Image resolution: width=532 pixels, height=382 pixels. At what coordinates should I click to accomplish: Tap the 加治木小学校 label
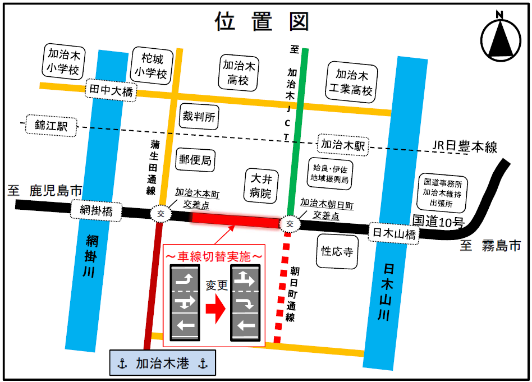(x=63, y=62)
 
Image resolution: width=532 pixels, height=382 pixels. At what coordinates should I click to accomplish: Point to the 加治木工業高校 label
(x=352, y=82)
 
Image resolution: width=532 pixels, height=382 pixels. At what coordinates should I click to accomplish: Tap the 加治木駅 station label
(x=343, y=145)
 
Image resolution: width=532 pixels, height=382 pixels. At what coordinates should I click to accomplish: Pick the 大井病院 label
(x=261, y=186)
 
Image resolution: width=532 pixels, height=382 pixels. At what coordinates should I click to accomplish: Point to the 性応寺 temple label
(x=337, y=251)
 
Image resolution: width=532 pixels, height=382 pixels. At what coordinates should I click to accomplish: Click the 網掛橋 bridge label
(x=97, y=211)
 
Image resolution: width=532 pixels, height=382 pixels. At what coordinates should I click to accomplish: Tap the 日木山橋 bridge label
(x=395, y=232)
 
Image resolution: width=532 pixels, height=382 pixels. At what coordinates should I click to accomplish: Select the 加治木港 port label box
(x=162, y=363)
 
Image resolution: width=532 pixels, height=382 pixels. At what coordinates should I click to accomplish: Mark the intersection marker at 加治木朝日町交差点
(x=290, y=223)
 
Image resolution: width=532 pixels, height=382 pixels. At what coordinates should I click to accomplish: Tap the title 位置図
(x=262, y=21)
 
